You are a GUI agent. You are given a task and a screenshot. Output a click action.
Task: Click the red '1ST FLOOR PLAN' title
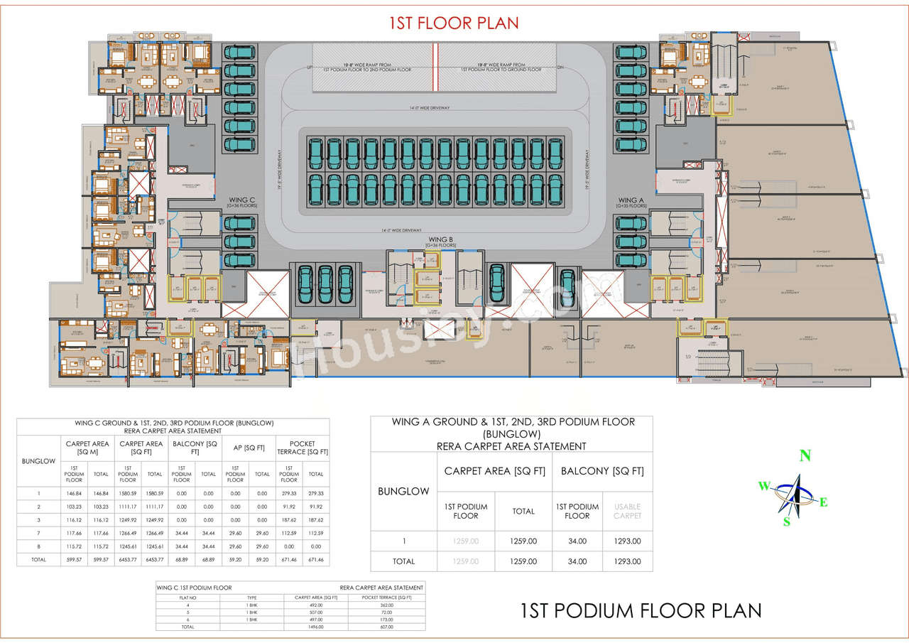tap(454, 23)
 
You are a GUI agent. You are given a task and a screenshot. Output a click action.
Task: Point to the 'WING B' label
tap(441, 240)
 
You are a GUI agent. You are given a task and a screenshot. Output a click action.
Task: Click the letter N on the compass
tap(805, 457)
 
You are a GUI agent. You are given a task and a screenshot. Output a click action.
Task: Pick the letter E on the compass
tap(824, 502)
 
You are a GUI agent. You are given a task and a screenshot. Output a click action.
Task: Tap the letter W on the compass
tap(763, 486)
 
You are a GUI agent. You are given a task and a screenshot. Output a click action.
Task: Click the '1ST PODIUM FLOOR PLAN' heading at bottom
tap(641, 610)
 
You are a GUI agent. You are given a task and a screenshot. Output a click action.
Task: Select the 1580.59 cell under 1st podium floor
tap(128, 493)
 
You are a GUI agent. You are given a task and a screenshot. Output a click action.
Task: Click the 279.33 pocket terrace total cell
tap(316, 493)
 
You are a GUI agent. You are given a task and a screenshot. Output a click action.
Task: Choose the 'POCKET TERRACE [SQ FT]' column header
tap(303, 448)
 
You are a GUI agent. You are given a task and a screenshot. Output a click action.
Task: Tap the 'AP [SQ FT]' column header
tap(249, 448)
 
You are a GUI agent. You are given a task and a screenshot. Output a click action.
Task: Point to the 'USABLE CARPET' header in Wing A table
tap(627, 511)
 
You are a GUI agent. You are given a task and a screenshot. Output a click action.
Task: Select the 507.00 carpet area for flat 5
tap(316, 612)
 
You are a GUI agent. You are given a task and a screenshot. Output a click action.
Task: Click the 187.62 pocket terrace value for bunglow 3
tap(289, 520)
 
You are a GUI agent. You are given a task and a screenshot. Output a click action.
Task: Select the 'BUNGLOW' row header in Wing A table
tap(403, 491)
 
